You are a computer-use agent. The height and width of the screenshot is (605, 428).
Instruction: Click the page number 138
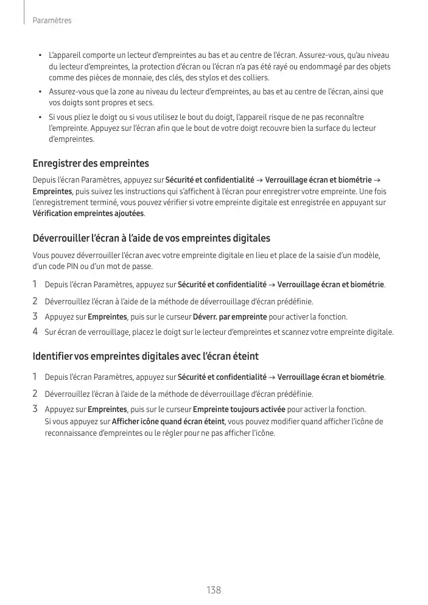click(214, 590)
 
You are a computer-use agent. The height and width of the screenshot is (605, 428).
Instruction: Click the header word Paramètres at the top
click(52, 21)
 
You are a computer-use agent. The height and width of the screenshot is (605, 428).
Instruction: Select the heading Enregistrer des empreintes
click(91, 164)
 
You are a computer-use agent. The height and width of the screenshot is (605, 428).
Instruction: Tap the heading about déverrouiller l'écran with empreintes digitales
click(151, 238)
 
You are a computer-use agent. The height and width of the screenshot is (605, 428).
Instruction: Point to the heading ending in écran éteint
click(146, 355)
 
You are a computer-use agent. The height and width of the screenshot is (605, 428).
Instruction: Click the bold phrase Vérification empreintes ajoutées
click(88, 214)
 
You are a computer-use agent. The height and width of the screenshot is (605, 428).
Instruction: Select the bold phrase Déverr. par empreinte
click(230, 317)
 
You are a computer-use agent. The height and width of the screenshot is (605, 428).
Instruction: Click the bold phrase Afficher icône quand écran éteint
click(169, 422)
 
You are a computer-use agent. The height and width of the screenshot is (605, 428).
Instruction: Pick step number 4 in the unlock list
click(35, 332)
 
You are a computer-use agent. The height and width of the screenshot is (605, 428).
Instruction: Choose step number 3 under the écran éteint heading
click(35, 409)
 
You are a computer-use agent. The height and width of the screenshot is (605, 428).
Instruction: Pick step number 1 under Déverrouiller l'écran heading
click(35, 284)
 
